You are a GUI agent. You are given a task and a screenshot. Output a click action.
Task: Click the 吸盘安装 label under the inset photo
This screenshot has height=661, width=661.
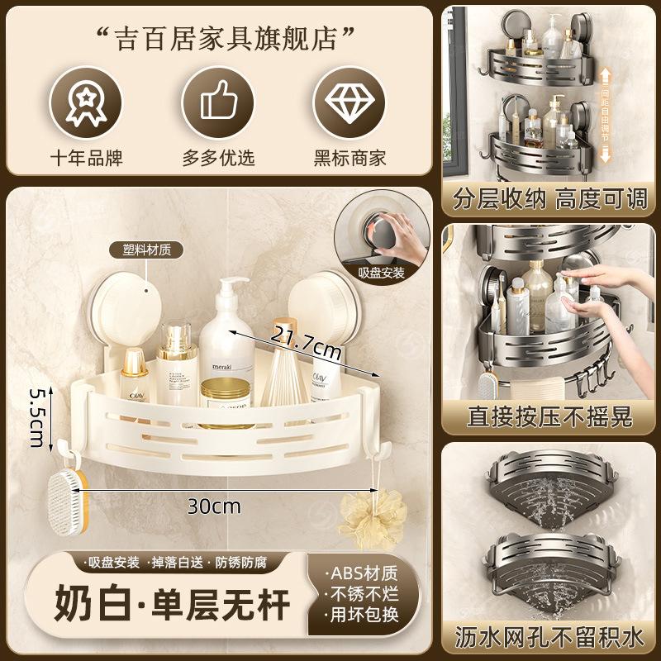pos(382,273)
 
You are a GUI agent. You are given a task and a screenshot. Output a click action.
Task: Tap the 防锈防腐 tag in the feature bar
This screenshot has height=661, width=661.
pos(250,563)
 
